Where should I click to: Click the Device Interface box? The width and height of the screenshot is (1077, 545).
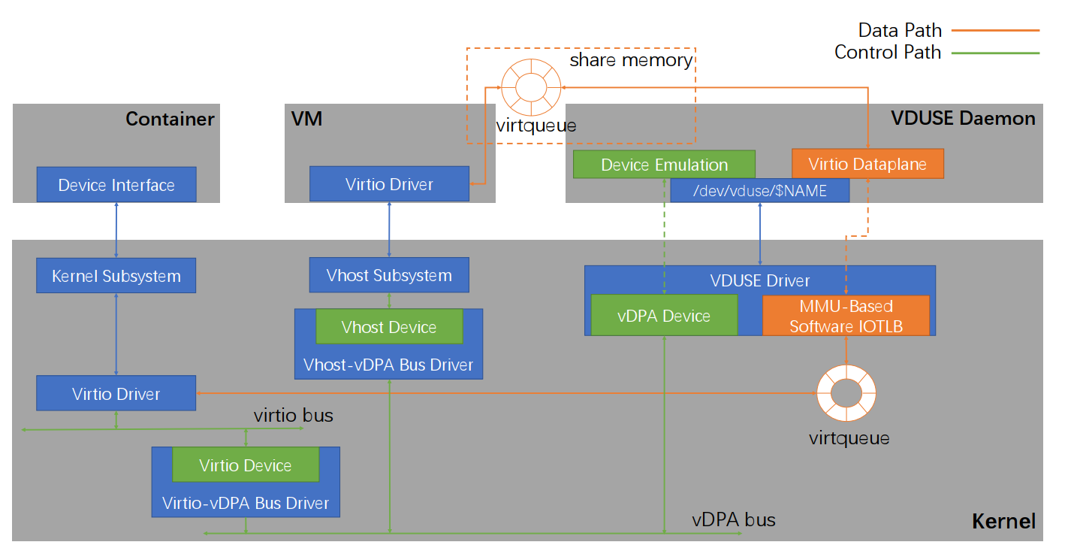(116, 185)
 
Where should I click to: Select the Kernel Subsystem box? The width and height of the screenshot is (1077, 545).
(116, 276)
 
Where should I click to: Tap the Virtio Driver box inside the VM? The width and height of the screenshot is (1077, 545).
(389, 184)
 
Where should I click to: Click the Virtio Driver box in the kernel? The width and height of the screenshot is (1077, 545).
(116, 393)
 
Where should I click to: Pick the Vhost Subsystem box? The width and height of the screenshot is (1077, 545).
(389, 275)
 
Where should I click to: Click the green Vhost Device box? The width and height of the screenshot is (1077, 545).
(388, 327)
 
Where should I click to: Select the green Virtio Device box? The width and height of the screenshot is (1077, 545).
(246, 465)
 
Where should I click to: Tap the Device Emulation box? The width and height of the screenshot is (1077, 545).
(664, 165)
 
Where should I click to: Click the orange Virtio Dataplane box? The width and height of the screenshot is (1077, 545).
(867, 164)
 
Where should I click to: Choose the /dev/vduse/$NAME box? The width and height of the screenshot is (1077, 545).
(760, 191)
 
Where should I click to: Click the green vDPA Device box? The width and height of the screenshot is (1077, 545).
(664, 316)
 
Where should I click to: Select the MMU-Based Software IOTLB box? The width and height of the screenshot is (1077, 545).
(846, 316)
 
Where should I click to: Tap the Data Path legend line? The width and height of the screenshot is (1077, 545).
(995, 31)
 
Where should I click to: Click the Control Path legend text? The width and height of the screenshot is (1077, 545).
(887, 53)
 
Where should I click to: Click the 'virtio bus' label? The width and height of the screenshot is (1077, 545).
(293, 415)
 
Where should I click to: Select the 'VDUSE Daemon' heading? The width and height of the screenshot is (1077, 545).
(962, 118)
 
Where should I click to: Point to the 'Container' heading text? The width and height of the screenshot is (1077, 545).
(170, 119)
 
